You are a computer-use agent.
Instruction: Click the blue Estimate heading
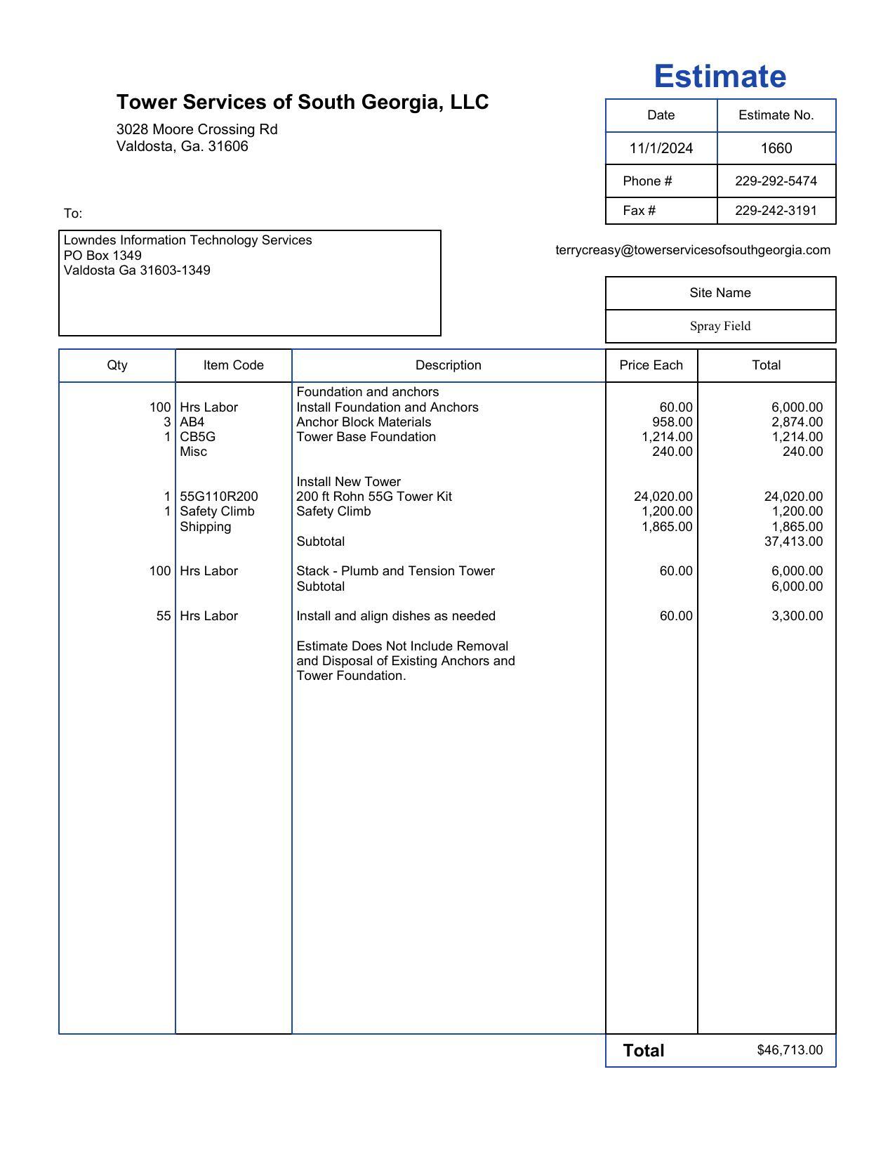click(x=720, y=77)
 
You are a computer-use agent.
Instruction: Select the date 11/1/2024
click(x=661, y=148)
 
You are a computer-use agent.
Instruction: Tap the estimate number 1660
click(x=776, y=148)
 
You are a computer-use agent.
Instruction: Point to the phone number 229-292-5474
click(x=776, y=181)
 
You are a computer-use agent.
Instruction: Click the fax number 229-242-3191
click(x=776, y=211)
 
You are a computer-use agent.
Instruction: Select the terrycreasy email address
click(x=693, y=250)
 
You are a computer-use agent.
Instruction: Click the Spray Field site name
click(x=720, y=326)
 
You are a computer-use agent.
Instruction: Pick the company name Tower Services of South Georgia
click(x=303, y=102)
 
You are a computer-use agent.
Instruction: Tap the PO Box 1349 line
click(x=102, y=255)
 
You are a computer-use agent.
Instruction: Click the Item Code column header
click(x=233, y=365)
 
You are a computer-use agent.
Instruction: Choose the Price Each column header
click(x=651, y=365)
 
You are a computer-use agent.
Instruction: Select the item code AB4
click(x=192, y=422)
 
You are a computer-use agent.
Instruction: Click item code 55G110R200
click(x=219, y=497)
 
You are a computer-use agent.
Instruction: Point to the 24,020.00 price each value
click(x=663, y=497)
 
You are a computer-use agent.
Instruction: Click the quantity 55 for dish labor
click(x=164, y=616)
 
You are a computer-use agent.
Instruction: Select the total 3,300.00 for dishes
click(x=797, y=616)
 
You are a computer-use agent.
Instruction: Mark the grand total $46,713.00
click(x=790, y=1050)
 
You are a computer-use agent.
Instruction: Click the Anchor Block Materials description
click(x=364, y=422)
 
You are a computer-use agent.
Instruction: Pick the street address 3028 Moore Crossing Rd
click(x=197, y=129)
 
